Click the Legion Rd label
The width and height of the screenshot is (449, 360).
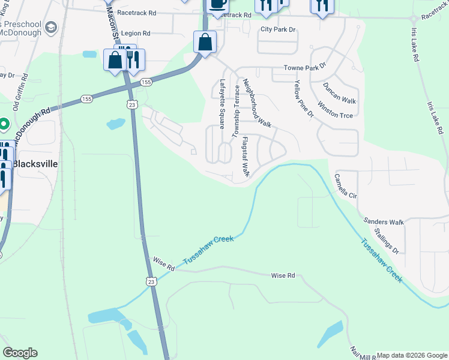[x=136, y=34]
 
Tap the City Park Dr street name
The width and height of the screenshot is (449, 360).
[x=279, y=29]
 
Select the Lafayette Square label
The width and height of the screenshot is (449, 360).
[x=222, y=104]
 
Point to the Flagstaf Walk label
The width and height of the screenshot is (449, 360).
[x=245, y=157]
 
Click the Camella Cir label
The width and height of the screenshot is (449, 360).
[x=346, y=187]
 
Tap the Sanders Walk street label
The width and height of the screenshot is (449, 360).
[x=384, y=222]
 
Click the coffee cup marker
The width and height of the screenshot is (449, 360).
[x=217, y=4]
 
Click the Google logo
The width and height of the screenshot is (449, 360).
[x=20, y=353]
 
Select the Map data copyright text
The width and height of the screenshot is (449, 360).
[x=412, y=355]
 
